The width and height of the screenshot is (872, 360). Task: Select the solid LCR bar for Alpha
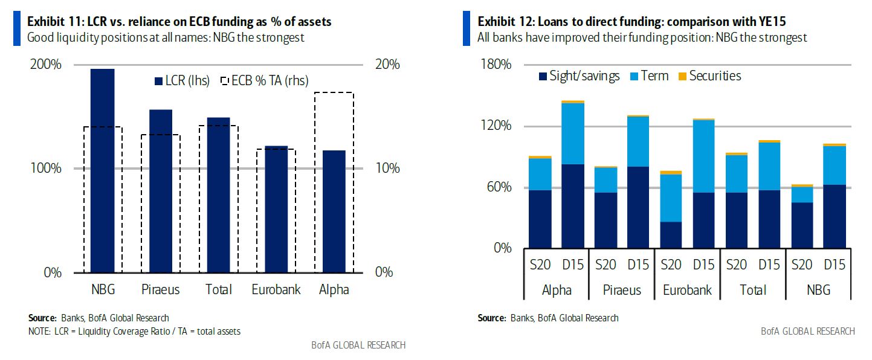pyautogui.click(x=334, y=211)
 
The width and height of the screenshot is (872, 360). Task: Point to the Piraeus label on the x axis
pyautogui.click(x=160, y=290)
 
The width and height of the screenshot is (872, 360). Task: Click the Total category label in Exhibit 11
pyautogui.click(x=218, y=290)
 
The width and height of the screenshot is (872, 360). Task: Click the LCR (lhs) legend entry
pyautogui.click(x=182, y=82)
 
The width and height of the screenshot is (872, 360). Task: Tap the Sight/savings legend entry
pyautogui.click(x=578, y=76)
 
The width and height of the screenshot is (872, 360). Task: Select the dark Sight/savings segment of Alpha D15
pyautogui.click(x=573, y=206)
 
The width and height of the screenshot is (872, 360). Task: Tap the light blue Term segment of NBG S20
pyautogui.click(x=802, y=194)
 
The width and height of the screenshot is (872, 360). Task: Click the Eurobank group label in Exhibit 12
pyautogui.click(x=687, y=290)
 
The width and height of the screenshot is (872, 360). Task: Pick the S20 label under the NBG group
pyautogui.click(x=802, y=265)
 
